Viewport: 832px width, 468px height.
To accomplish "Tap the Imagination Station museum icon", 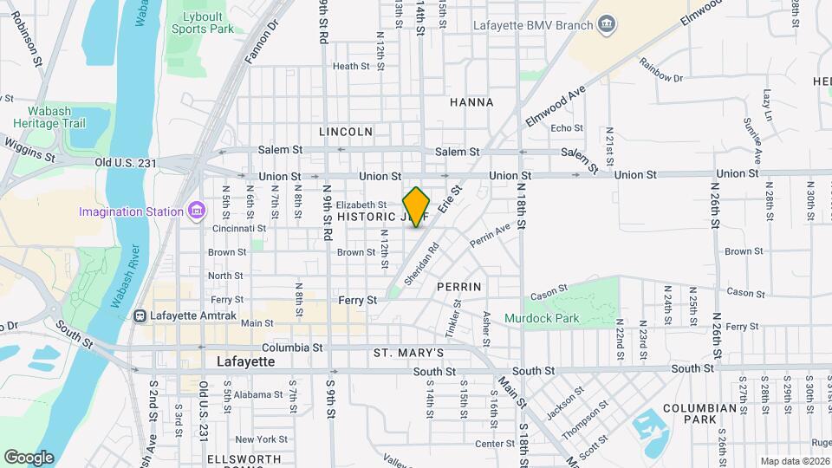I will pos(197,211).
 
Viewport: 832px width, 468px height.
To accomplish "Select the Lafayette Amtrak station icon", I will pos(139,315).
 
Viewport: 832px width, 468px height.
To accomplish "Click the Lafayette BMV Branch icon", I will pos(608,23).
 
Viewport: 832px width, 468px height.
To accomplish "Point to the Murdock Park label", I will pos(542,319).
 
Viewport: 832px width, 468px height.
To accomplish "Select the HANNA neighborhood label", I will pos(471,102).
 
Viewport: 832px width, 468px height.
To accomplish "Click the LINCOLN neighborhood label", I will pos(346,132).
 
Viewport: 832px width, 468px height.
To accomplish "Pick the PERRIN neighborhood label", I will pos(458,285).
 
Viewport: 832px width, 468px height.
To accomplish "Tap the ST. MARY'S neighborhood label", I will pos(408,354).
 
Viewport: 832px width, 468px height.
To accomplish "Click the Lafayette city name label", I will pos(245,361).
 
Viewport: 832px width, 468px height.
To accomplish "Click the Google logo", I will pos(29,457).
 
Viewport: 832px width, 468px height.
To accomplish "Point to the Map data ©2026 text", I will pos(795,461).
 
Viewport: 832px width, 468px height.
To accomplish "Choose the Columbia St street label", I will pos(293,348).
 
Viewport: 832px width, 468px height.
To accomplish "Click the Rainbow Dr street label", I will pos(660,69).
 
